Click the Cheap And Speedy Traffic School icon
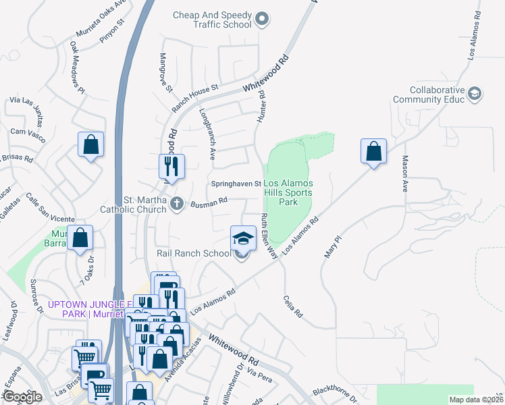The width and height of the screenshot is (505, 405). (x=263, y=21)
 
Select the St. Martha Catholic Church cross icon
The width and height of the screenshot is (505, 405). (x=177, y=203)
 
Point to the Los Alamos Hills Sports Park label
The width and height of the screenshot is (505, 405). (x=288, y=192)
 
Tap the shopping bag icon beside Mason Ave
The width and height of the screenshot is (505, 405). (x=373, y=152)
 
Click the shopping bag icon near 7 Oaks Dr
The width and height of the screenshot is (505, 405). (x=80, y=238)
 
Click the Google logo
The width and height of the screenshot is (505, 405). (x=23, y=396)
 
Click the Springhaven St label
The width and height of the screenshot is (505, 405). (x=236, y=184)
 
